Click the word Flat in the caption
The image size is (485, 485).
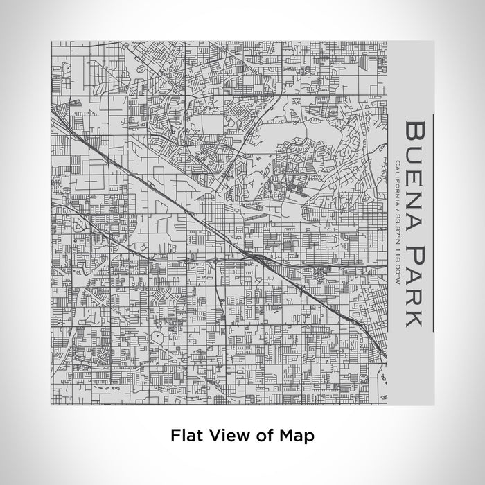185,436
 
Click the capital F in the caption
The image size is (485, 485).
175,436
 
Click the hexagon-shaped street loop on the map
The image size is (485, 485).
159,335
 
